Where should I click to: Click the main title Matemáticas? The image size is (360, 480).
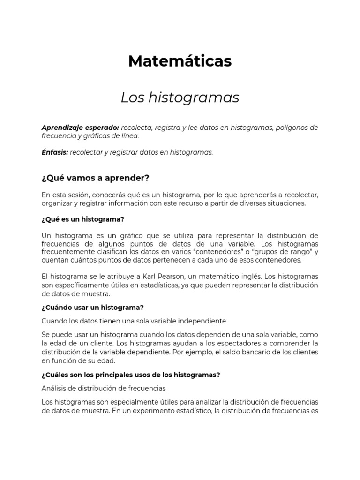pos(180,61)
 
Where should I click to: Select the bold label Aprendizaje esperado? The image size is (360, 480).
pos(80,127)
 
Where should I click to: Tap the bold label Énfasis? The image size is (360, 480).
pos(55,152)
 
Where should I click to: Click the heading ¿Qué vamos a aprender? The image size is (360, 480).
pos(95,178)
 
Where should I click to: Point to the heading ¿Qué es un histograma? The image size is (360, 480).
pos(82,219)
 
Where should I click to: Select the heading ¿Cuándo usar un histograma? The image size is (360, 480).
pos(92,307)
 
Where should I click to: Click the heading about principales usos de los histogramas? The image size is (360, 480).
pos(131,375)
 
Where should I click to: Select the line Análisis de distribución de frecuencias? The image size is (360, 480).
pos(104,388)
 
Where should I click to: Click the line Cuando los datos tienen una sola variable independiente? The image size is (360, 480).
pos(134,321)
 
